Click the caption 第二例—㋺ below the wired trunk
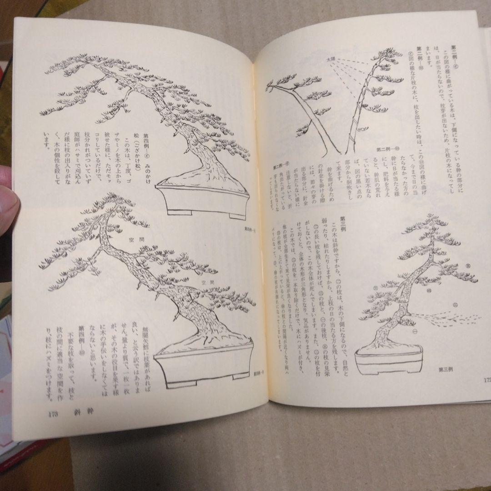(x=387, y=148)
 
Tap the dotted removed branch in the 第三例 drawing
(x=450, y=318)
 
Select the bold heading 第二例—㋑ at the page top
(x=455, y=59)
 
